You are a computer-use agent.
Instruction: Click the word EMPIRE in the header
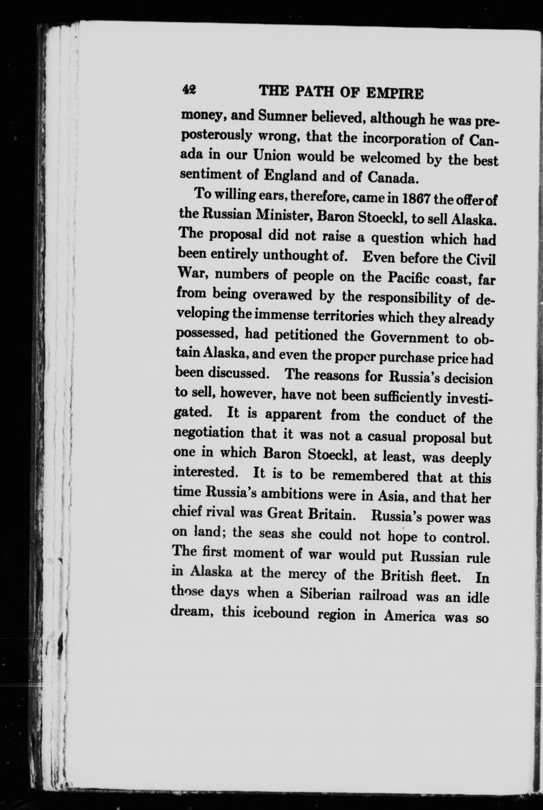click(395, 94)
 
